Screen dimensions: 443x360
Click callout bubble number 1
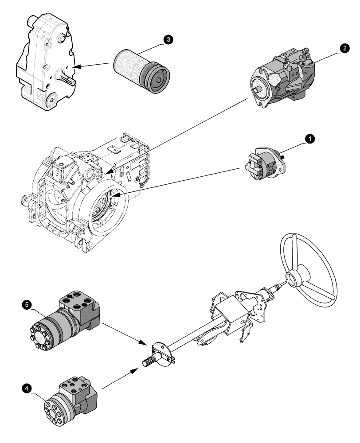310,139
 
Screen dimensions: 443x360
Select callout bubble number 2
344,49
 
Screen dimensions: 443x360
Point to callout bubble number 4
27,388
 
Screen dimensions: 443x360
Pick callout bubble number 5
27,305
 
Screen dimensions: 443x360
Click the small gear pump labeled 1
265,165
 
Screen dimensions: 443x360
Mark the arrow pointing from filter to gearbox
91,66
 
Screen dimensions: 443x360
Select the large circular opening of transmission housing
109,208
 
